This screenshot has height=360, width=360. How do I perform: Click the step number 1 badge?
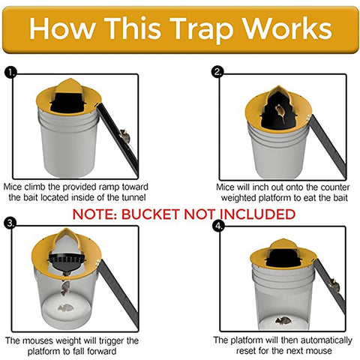pos(10,72)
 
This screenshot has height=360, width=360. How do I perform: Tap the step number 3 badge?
pos(10,223)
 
